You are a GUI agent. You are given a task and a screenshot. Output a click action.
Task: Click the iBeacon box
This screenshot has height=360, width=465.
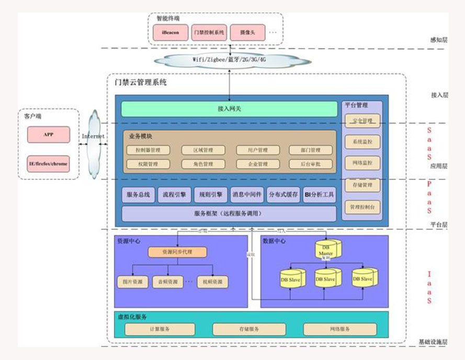170,32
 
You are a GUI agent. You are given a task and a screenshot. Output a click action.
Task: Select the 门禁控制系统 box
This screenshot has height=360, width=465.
208,32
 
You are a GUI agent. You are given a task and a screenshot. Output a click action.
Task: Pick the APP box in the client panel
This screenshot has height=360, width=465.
48,134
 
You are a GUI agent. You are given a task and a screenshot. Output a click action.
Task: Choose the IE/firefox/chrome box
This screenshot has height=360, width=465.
48,164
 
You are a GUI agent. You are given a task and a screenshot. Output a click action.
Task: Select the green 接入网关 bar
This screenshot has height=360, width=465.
229,109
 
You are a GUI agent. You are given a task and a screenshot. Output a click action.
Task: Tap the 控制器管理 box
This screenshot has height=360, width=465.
148,150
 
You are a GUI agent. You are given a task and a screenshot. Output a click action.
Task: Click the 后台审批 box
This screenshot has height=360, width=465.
311,164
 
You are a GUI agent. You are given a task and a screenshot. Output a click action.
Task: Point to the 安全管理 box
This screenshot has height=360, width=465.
362,121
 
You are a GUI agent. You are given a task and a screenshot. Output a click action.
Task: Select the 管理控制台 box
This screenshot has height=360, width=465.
362,207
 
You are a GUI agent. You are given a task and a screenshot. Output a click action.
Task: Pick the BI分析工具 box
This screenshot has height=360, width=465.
319,195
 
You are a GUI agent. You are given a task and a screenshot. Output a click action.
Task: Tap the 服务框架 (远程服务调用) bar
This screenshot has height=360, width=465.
229,213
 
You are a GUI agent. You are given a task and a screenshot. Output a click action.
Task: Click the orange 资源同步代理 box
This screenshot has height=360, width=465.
177,252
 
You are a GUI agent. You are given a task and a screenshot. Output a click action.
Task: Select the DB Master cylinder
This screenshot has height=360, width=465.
326,250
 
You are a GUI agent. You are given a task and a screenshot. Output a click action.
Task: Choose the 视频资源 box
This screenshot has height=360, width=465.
213,282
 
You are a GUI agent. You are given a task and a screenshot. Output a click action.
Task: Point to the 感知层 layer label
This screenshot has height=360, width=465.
438,40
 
